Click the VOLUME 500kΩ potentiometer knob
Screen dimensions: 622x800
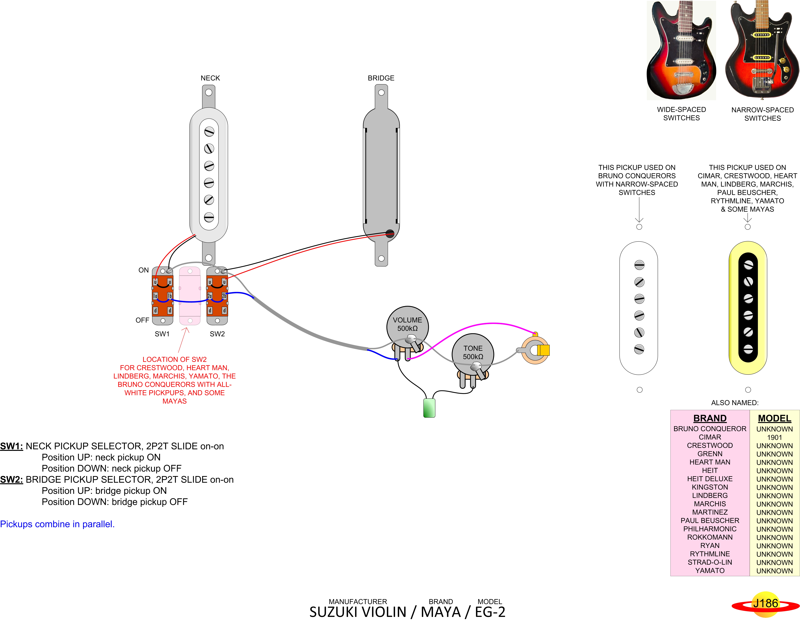407,324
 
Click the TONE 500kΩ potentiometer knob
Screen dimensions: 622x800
473,352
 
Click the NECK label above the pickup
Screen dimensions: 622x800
210,78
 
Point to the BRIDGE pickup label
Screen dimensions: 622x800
381,78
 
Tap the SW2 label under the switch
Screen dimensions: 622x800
217,334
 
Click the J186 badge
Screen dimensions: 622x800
765,603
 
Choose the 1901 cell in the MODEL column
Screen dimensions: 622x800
774,437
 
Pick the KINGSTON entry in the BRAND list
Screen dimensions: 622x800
710,487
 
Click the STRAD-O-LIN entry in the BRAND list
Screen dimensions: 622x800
710,562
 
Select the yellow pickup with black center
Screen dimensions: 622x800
748,308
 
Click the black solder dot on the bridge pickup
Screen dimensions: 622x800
390,233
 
